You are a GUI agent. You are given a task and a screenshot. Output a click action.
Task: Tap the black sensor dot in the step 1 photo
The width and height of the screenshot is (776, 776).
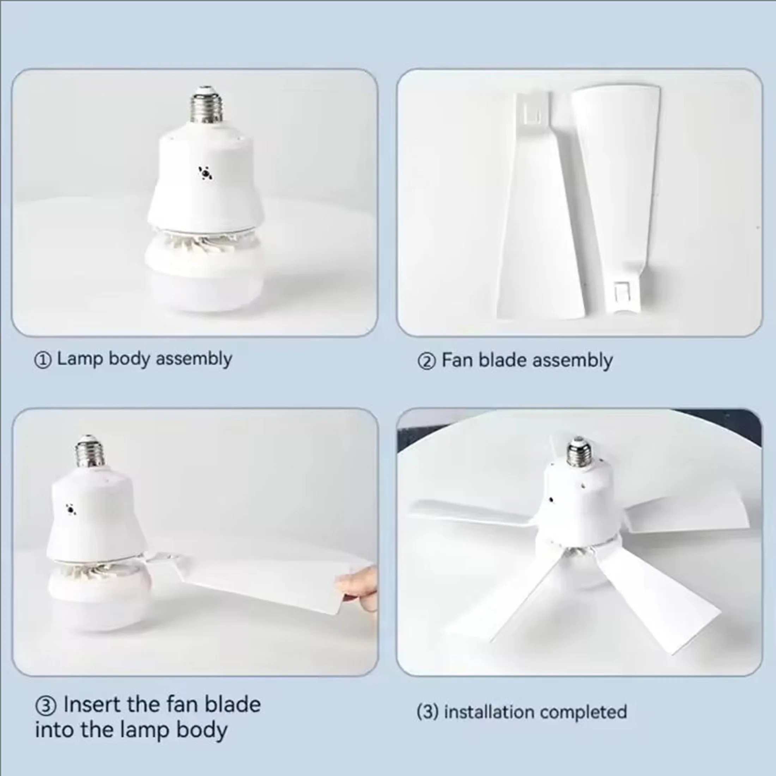[x=206, y=174]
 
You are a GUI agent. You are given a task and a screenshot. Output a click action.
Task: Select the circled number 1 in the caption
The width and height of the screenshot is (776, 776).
[x=43, y=360]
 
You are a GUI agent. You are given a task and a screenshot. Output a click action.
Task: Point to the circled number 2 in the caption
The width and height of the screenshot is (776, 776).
[x=426, y=362]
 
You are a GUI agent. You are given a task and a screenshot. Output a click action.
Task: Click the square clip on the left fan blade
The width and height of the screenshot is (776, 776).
[x=532, y=114]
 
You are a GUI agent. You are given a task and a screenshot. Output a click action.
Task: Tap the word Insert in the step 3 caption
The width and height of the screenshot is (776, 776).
[x=92, y=704]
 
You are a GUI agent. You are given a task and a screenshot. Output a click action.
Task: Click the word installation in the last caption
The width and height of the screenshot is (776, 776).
[x=490, y=712]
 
